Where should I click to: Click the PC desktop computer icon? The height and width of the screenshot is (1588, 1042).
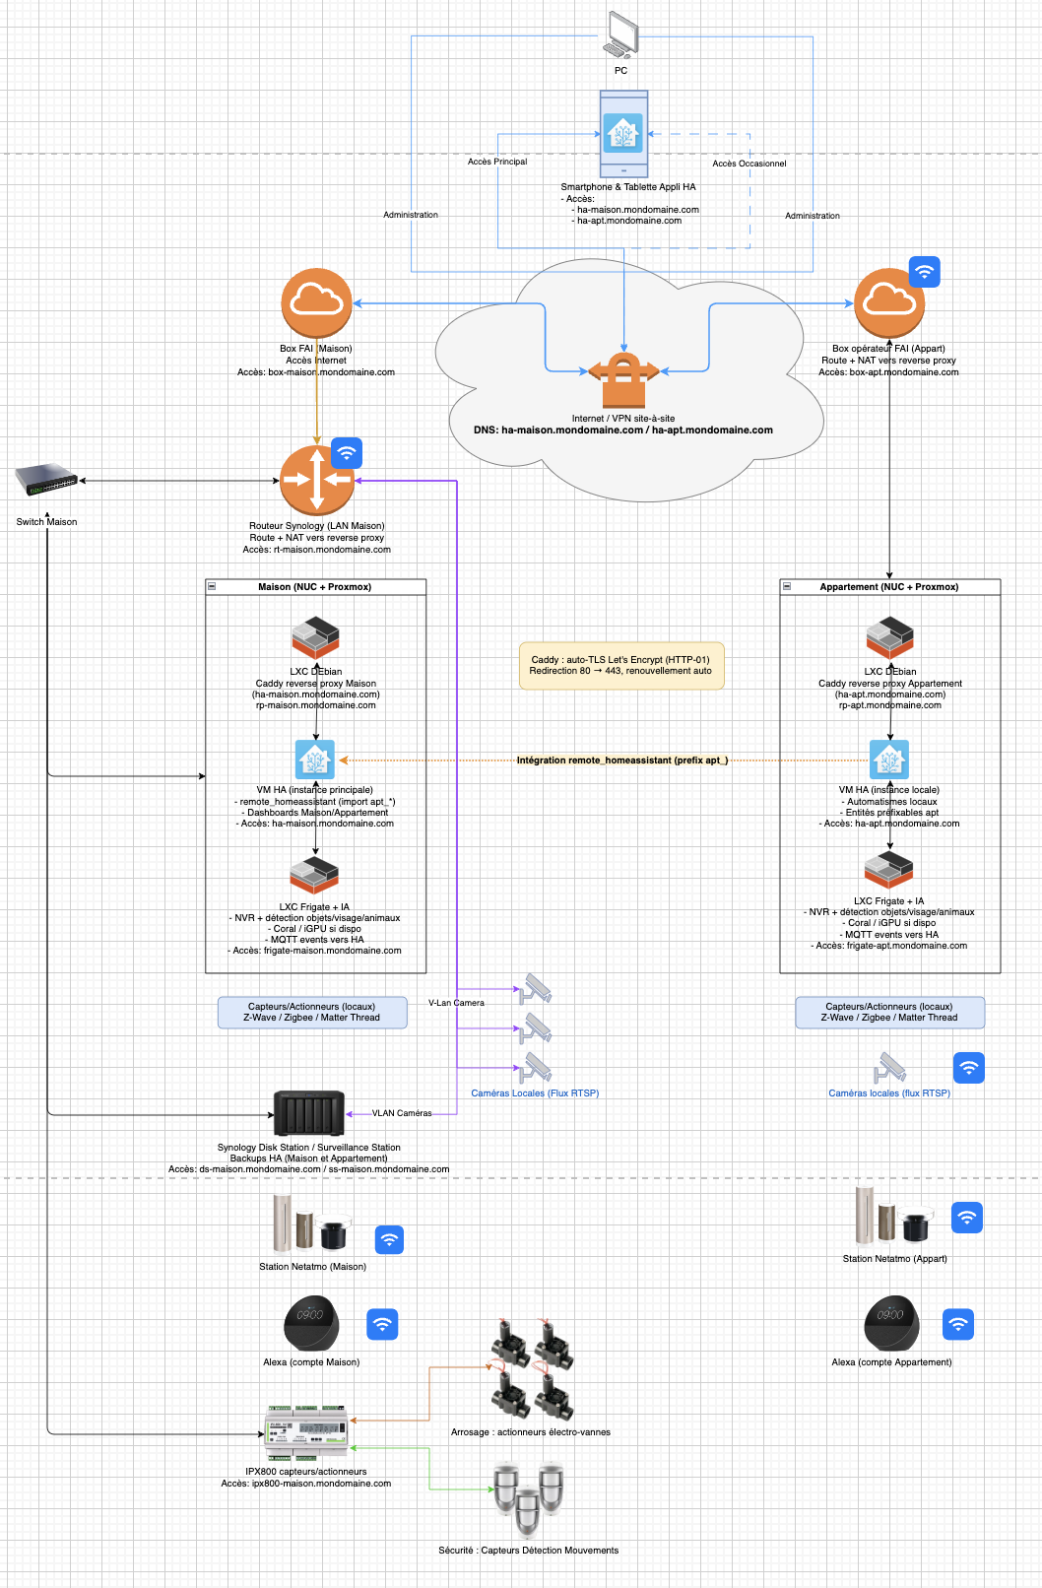(620, 35)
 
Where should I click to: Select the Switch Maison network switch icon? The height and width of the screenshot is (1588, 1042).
(46, 481)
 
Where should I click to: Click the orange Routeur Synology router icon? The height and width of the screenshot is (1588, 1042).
(316, 481)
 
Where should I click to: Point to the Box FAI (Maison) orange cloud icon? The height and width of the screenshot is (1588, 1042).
(316, 303)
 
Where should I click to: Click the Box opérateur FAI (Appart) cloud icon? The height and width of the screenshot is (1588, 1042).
(889, 303)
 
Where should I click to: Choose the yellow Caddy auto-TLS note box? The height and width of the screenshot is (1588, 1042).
(620, 665)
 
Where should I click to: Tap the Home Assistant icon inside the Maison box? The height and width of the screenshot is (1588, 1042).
(315, 760)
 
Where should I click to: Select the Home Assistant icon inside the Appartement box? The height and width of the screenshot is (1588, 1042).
(889, 760)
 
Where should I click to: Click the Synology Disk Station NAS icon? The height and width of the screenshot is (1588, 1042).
(309, 1114)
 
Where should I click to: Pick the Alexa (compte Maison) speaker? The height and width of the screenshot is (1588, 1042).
(311, 1324)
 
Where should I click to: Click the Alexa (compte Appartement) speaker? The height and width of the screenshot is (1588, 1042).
(891, 1324)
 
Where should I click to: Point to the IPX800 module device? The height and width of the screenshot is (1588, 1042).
(306, 1433)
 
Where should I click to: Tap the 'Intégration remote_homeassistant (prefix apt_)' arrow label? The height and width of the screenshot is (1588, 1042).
(622, 761)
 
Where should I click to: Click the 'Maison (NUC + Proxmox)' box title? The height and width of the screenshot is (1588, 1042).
(315, 587)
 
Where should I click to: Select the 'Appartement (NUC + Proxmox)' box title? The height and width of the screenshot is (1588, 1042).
(889, 587)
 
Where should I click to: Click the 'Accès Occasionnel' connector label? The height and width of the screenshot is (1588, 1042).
(749, 164)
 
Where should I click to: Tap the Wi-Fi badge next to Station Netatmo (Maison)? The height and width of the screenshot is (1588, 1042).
(390, 1239)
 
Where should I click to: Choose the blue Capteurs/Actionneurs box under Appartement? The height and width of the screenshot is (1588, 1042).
(889, 1013)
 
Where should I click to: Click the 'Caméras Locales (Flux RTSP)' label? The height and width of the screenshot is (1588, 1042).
(535, 1093)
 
